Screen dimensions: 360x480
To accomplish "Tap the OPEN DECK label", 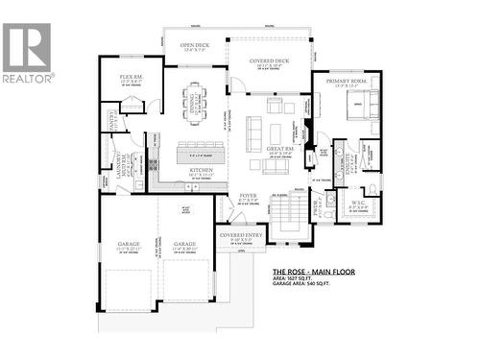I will (x=195, y=45).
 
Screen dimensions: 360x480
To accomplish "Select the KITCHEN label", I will (x=201, y=170).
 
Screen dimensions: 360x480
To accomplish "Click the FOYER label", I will (x=248, y=199).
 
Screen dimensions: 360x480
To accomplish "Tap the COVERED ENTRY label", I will (x=239, y=234).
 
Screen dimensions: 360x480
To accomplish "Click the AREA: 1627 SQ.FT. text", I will (x=300, y=280).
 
